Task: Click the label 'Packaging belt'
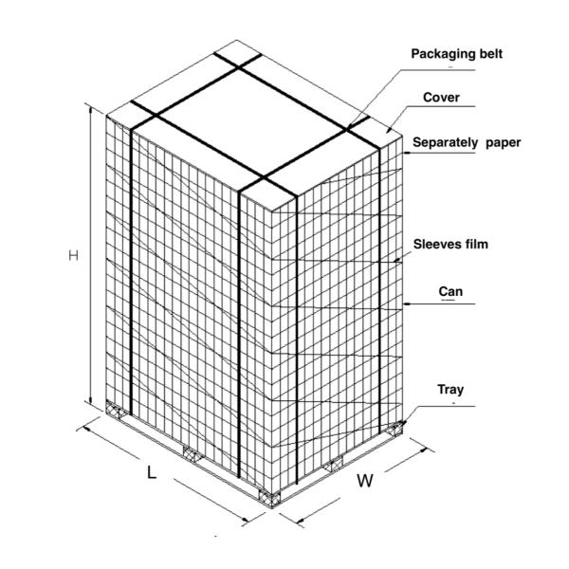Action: pyautogui.click(x=455, y=54)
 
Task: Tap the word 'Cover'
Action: pyautogui.click(x=440, y=99)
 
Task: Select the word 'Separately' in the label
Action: pyautogui.click(x=444, y=143)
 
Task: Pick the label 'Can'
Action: pyautogui.click(x=450, y=291)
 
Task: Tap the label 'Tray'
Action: pyautogui.click(x=450, y=389)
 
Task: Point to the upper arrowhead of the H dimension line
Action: pyautogui.click(x=90, y=108)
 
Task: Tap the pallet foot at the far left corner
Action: pyautogui.click(x=116, y=412)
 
